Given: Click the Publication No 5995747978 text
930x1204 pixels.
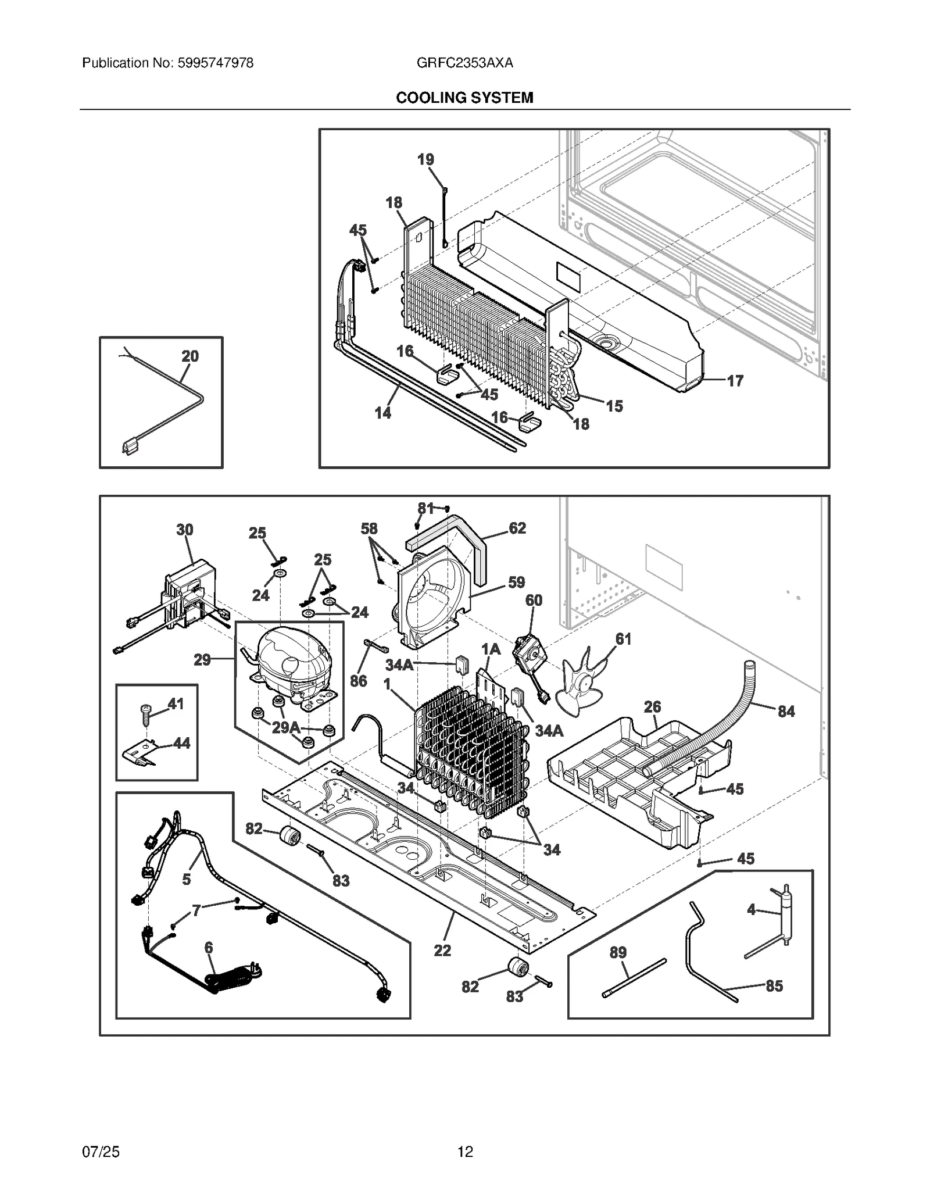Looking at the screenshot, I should [167, 63].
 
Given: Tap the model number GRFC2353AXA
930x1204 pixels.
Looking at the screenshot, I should [464, 63].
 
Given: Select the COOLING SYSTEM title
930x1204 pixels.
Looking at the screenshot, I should [464, 98].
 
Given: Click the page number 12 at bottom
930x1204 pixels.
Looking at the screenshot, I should [464, 1151].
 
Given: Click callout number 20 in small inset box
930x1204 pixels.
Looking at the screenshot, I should [190, 356].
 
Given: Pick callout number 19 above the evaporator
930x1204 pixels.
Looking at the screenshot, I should [425, 159].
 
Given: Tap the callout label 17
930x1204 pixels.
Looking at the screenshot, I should [735, 381].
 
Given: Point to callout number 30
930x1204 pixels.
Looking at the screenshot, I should [185, 530].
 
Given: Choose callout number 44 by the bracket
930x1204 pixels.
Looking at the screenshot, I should [181, 743].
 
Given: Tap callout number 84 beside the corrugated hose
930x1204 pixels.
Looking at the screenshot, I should [786, 711].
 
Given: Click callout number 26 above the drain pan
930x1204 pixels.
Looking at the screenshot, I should [652, 707].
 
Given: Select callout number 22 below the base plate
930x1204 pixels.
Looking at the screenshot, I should [442, 951].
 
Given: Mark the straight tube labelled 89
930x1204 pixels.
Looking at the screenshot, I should [634, 978].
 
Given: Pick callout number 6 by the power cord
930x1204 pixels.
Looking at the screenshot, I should [209, 948].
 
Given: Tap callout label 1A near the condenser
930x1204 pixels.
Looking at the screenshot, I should [491, 649].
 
